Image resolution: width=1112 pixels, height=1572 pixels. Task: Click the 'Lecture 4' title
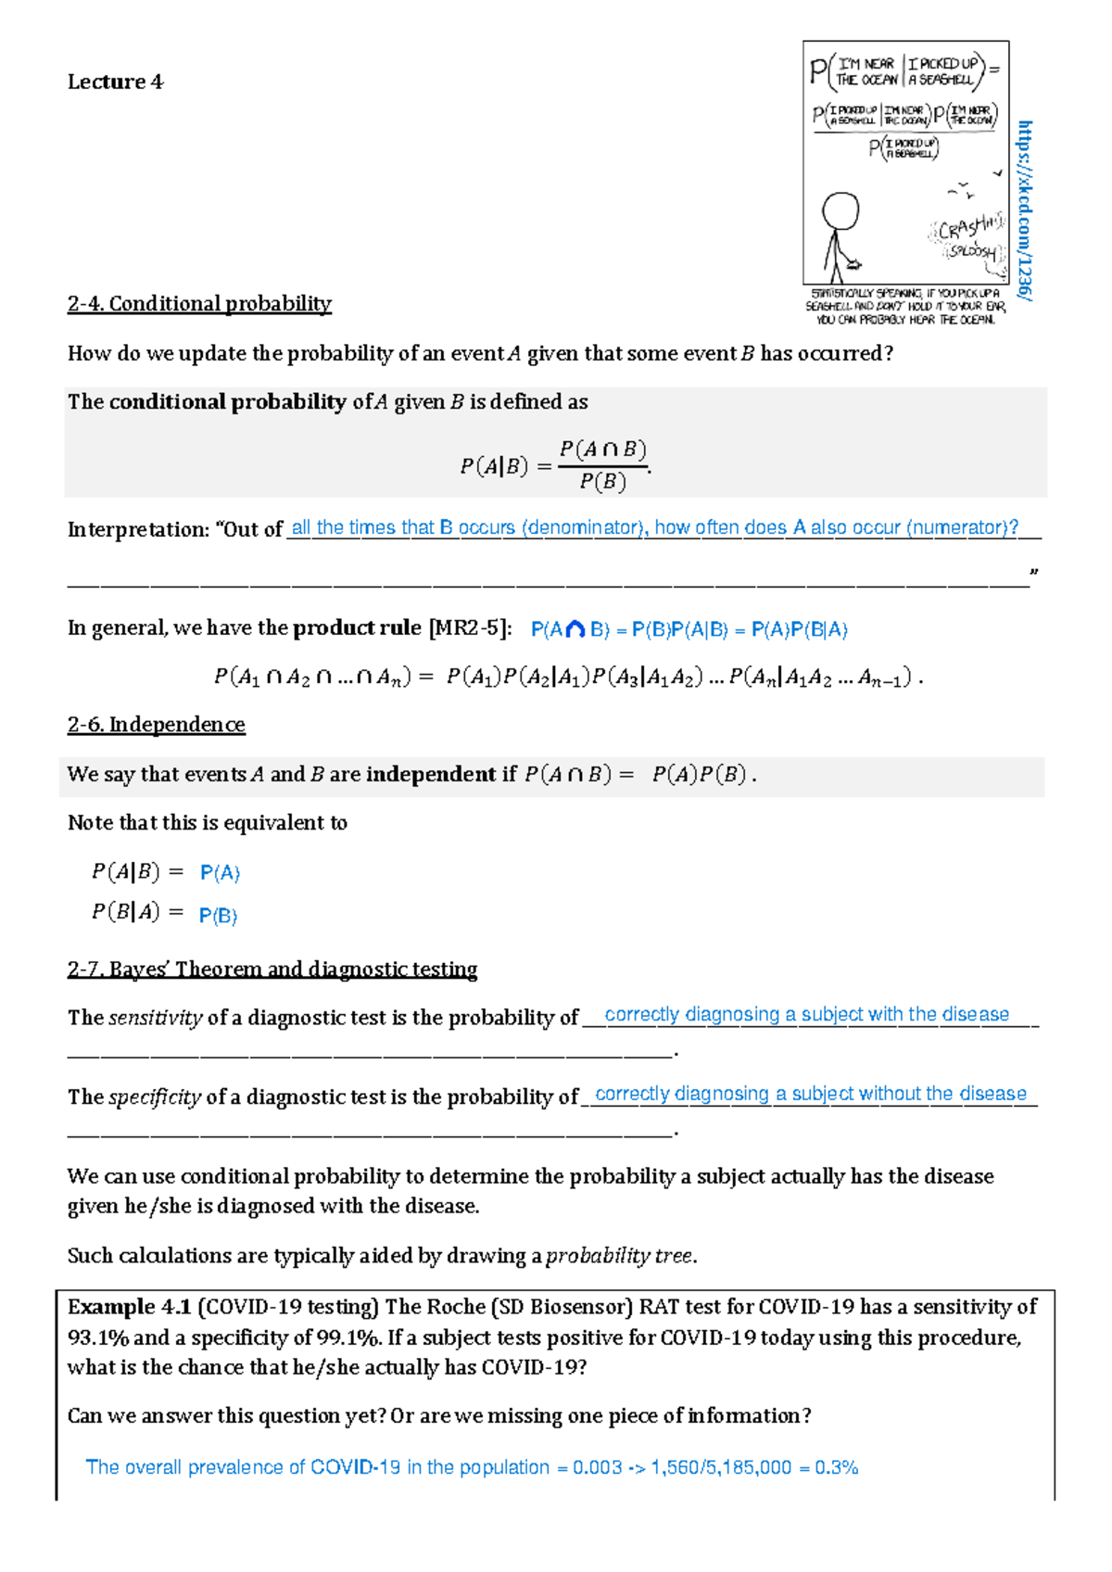tap(115, 82)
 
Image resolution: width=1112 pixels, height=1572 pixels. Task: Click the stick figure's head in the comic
tap(841, 211)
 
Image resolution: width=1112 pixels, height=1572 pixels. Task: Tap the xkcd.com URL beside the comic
tap(1024, 209)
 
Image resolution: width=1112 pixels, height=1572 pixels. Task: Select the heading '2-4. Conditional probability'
tap(199, 304)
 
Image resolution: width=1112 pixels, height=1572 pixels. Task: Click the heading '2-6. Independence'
tap(156, 725)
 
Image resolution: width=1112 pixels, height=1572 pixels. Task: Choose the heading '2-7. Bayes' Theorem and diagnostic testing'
tap(272, 970)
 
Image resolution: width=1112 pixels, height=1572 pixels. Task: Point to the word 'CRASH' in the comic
tap(964, 228)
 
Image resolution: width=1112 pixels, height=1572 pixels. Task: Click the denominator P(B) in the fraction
tap(602, 482)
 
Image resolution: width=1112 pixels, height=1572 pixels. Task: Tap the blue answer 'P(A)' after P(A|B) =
tap(220, 873)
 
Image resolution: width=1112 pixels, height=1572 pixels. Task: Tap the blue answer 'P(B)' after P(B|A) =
tap(219, 916)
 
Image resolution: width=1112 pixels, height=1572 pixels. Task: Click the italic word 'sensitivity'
tap(155, 1018)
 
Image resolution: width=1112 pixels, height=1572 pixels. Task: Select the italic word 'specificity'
tap(154, 1097)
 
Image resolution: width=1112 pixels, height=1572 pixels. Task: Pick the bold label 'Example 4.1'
tap(129, 1307)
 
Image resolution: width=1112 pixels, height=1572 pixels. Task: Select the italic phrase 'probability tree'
tap(619, 1256)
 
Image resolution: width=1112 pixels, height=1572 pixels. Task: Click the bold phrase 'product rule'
tap(357, 628)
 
